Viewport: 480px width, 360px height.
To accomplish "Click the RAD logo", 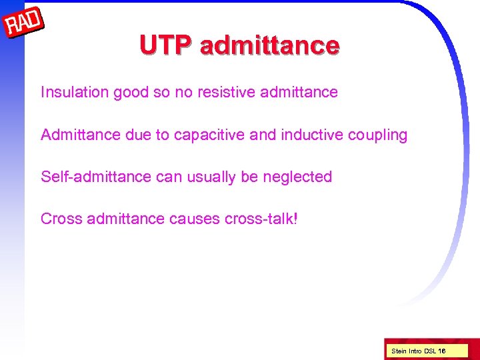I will [x=24, y=25].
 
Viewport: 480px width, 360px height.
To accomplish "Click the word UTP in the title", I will [x=167, y=45].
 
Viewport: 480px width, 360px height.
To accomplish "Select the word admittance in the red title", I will [x=269, y=45].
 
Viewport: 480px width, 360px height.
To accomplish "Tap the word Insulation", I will [x=74, y=92].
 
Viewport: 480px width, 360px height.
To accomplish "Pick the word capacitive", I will [x=211, y=135].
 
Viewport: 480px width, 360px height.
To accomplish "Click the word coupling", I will [x=377, y=135].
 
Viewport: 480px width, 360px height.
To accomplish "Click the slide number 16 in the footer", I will [x=441, y=351].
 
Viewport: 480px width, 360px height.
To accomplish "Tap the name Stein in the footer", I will [x=399, y=351].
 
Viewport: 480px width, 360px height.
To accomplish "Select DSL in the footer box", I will [x=429, y=351].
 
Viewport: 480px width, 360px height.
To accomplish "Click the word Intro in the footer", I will [x=415, y=351].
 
